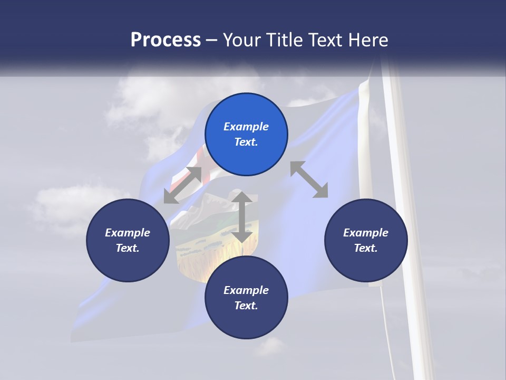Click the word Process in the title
(166, 40)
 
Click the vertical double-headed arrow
(242, 217)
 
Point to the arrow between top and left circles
(183, 185)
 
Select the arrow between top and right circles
(309, 179)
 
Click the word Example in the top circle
(246, 127)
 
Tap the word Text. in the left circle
(128, 248)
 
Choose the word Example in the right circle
(366, 233)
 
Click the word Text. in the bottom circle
(246, 306)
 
